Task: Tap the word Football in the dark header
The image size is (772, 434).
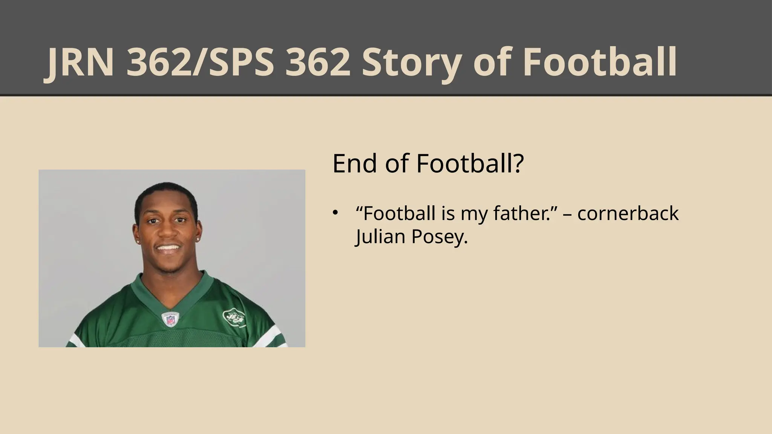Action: (x=600, y=63)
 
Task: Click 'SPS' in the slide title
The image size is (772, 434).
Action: (x=239, y=63)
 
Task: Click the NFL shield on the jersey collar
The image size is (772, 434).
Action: (x=170, y=319)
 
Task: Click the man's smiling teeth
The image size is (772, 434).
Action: (x=168, y=248)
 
